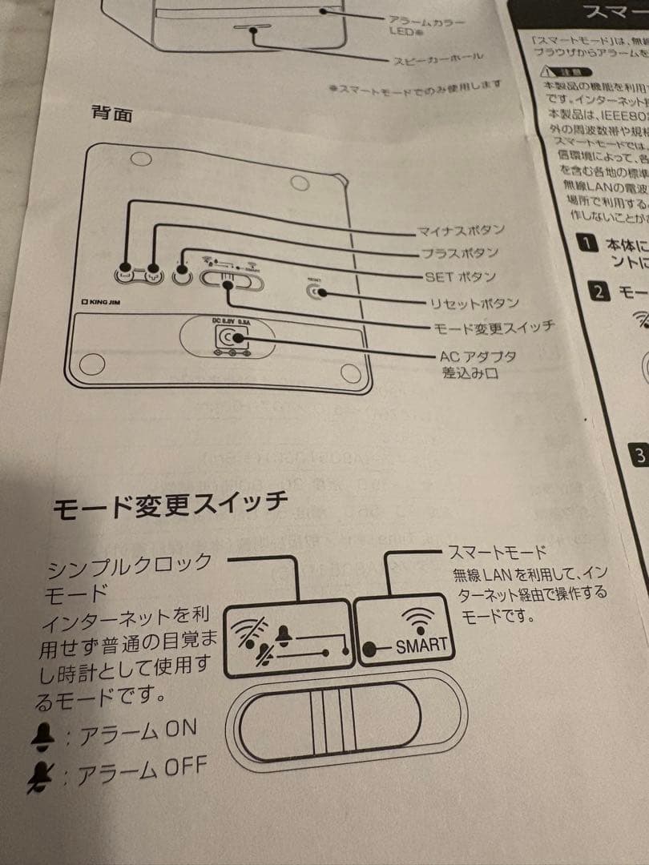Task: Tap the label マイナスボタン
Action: [461, 231]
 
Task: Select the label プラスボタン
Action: [458, 254]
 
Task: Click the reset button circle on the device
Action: [317, 292]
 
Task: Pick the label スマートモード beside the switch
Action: [497, 553]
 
